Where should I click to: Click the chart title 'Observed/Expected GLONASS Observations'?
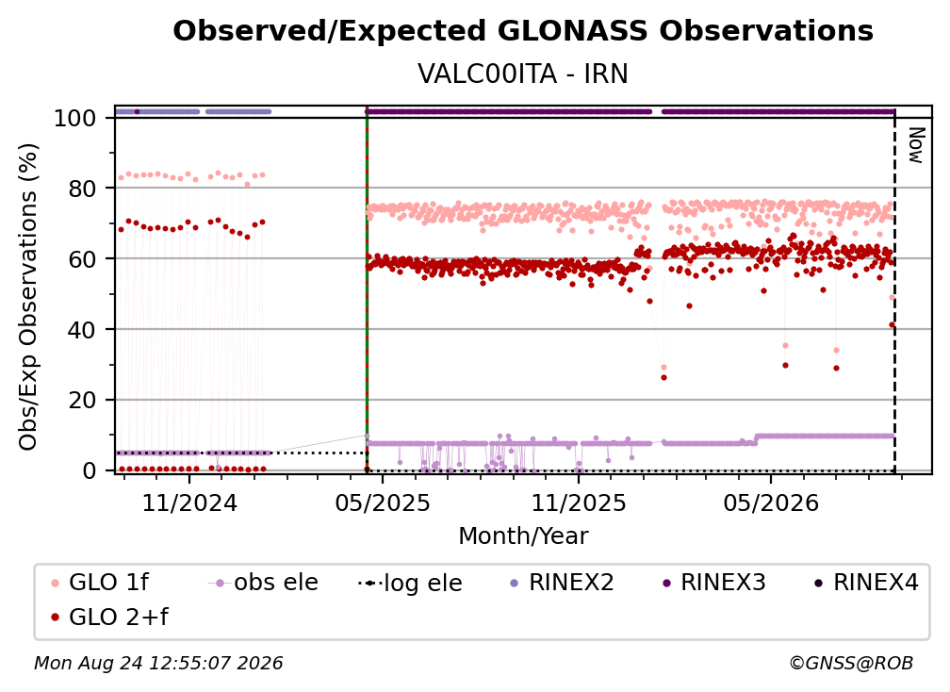point(523,31)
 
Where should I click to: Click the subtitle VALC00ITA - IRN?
point(523,74)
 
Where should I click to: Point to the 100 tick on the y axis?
point(75,118)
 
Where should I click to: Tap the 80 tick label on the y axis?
point(82,189)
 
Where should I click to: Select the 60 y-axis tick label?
point(82,259)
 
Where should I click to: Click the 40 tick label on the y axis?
point(82,330)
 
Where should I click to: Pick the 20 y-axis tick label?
point(82,400)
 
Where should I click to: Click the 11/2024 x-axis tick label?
point(189,503)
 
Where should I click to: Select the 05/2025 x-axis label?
point(383,503)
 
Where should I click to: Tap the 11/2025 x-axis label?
point(579,503)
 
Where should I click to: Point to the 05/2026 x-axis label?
point(771,503)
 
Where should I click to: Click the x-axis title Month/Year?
point(523,536)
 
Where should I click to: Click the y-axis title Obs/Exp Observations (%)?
point(28,297)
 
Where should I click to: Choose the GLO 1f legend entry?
point(101,583)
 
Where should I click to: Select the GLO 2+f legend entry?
point(110,617)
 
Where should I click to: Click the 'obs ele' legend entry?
point(263,583)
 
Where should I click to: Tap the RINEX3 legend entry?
point(715,583)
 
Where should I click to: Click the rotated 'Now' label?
point(915,145)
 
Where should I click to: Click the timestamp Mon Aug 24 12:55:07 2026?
point(158,663)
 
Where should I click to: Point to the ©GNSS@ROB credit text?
point(851,663)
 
